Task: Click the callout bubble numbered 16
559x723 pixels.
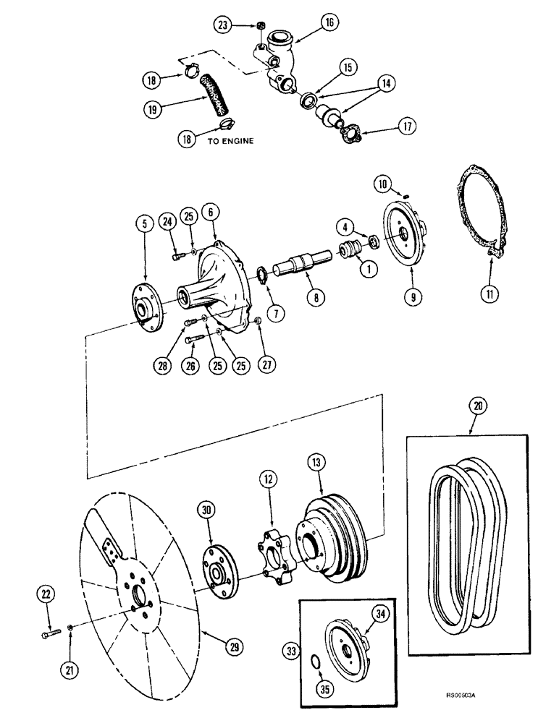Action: coord(329,23)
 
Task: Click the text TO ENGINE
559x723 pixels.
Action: coord(230,142)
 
